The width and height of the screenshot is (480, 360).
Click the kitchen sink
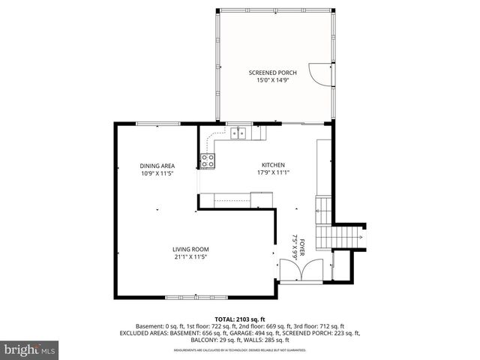pos(239,134)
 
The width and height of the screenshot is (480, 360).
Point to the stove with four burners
pos(208,160)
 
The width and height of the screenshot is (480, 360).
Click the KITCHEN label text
pos(272,165)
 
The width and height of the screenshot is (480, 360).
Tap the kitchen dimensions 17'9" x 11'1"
pos(272,172)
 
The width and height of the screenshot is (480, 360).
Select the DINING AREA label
pos(157,166)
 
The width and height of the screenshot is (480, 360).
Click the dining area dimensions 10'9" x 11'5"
pos(157,173)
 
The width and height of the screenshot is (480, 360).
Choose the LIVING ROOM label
pos(190,249)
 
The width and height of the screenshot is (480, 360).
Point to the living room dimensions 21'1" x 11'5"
pos(190,256)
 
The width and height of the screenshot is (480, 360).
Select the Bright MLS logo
pos(30,349)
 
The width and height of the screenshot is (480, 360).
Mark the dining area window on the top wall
pos(157,124)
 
